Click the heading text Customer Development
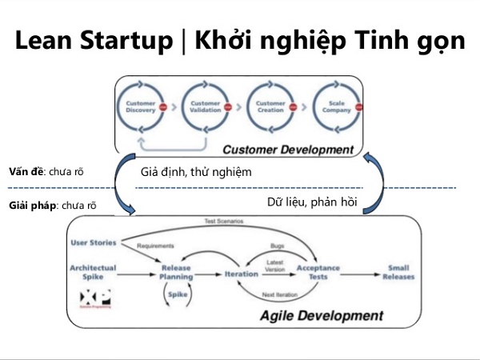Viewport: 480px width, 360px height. click(x=287, y=150)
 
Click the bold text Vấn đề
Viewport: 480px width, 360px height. click(x=26, y=171)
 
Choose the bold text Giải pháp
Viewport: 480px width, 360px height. click(x=30, y=206)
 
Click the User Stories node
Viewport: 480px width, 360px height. click(x=94, y=242)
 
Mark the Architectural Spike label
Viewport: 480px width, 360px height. click(x=93, y=273)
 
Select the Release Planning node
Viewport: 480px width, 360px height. click(x=176, y=272)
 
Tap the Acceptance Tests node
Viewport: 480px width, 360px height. click(x=318, y=273)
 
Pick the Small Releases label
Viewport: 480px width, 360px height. click(x=399, y=273)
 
